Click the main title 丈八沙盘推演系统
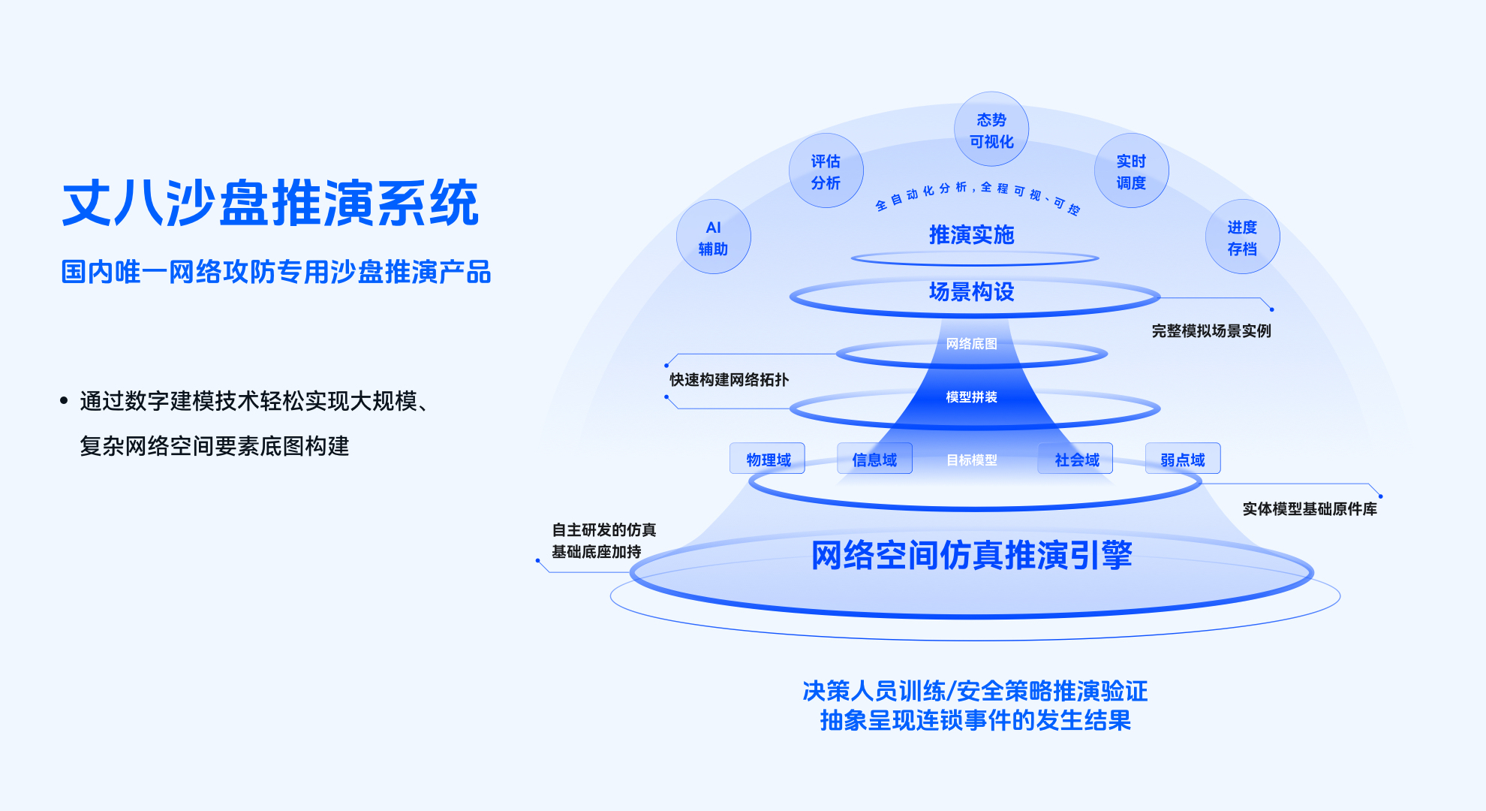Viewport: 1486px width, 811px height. coord(270,203)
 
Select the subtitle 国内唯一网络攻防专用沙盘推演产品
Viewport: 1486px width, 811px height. coord(276,272)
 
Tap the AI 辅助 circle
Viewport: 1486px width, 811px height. coord(714,237)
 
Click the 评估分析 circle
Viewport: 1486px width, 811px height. coord(826,170)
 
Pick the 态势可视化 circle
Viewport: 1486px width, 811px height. coord(991,129)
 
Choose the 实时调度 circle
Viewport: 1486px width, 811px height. coord(1132,170)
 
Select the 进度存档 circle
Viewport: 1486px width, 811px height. coord(1243,237)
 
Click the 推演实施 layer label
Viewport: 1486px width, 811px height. coord(972,235)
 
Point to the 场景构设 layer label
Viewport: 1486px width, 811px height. coord(972,291)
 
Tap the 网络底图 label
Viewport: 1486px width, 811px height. coord(972,344)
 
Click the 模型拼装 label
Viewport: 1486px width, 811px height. coord(972,397)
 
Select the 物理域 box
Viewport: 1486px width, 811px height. coord(768,459)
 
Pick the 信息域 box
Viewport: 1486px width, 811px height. coord(875,459)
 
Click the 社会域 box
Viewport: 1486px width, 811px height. coord(1075,459)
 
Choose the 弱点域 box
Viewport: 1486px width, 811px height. coord(1184,459)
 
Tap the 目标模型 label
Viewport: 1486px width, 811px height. coord(972,460)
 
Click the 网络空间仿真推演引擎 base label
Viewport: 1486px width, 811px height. coord(972,556)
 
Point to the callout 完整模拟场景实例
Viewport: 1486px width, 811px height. coord(1212,331)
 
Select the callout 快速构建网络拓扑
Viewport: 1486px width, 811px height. coord(729,380)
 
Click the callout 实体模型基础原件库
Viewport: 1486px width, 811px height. coord(1310,509)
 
